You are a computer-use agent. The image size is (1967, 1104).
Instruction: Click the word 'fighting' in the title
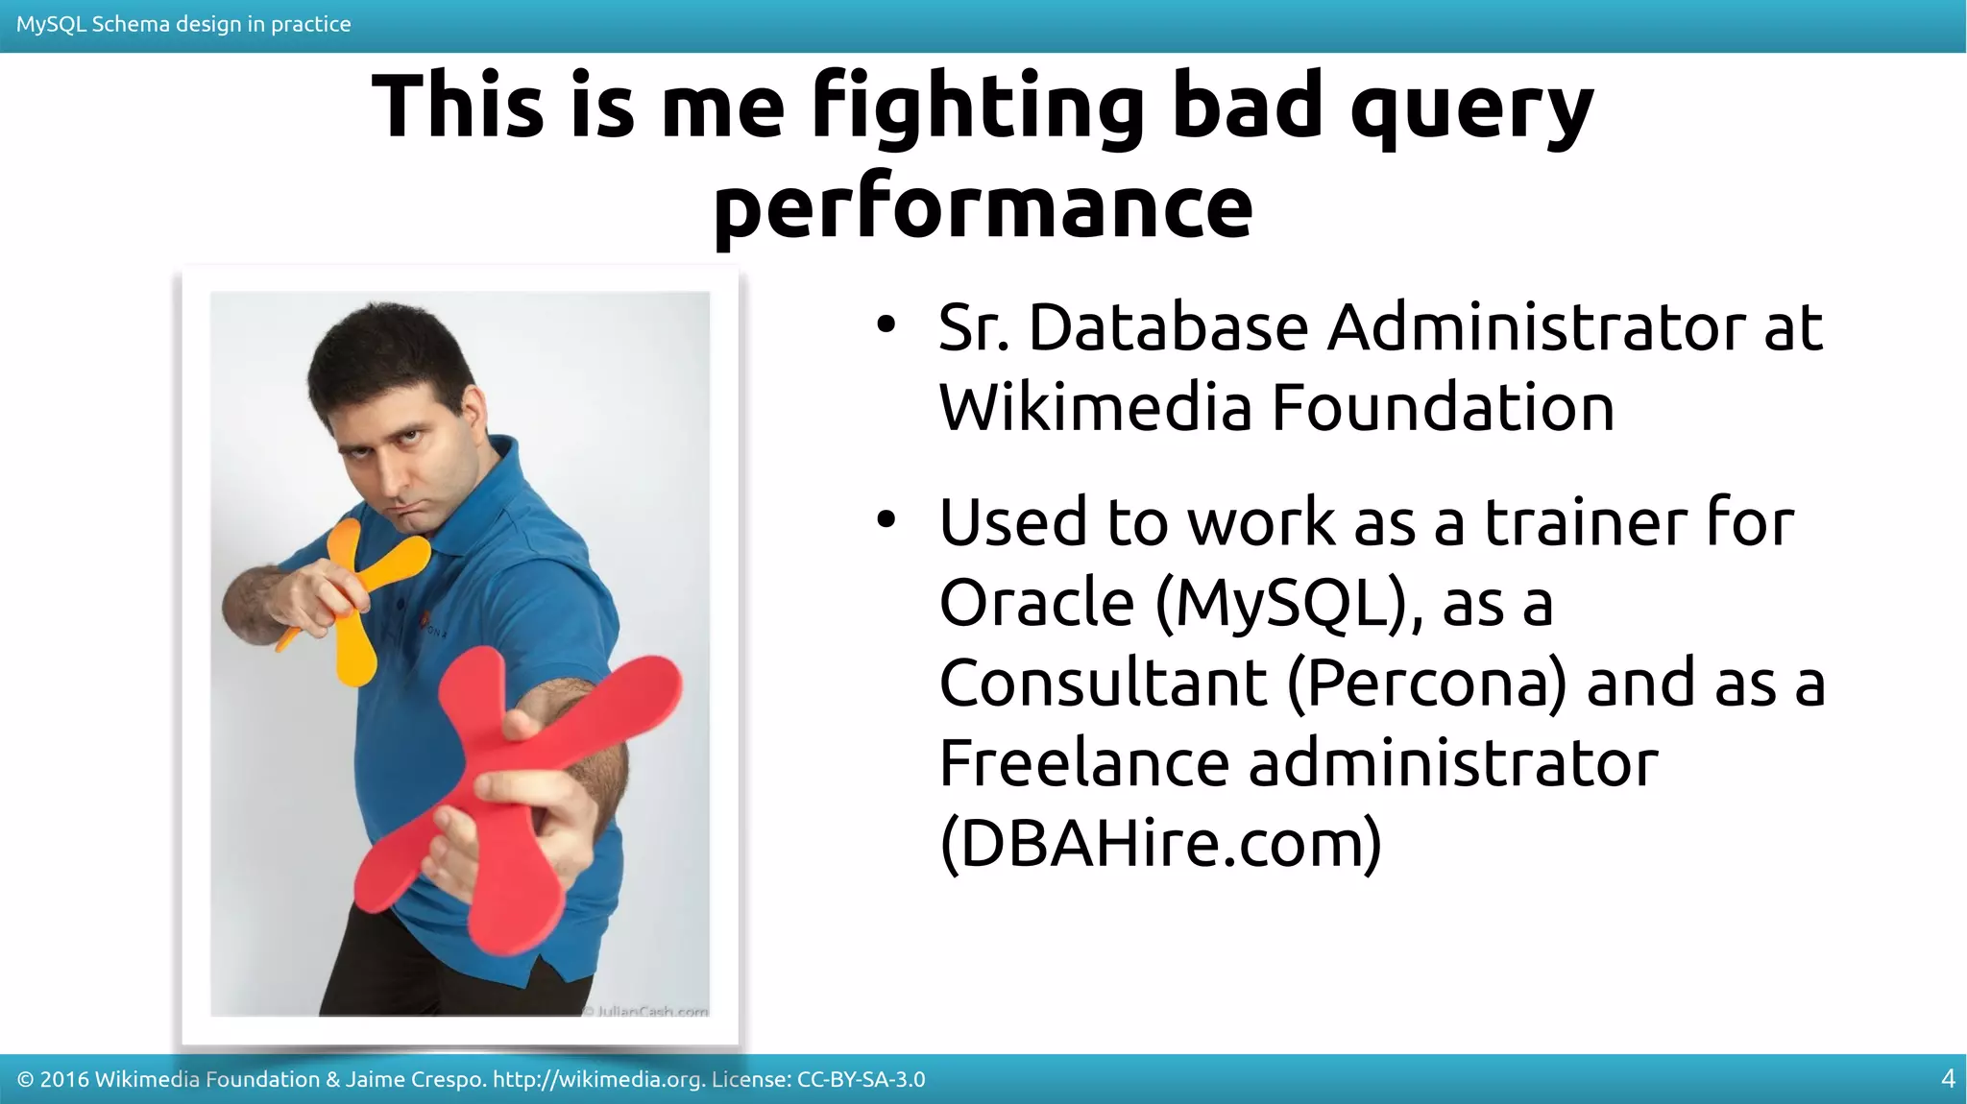[977, 108]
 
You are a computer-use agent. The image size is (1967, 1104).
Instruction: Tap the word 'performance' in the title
[983, 206]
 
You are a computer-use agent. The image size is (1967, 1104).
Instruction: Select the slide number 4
[1948, 1079]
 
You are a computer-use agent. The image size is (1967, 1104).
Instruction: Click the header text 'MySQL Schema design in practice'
[183, 24]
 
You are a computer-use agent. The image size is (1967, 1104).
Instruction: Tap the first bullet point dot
[886, 326]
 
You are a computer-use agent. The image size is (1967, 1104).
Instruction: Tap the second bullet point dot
[886, 521]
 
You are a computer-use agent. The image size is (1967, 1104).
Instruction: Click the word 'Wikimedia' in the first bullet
[1094, 408]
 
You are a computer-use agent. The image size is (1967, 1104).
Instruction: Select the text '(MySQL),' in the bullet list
[1288, 604]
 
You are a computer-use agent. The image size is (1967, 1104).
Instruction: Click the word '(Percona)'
[1426, 684]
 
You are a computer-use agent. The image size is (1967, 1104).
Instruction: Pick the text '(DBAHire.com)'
[1160, 844]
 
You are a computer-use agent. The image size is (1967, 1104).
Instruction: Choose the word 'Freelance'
[1083, 764]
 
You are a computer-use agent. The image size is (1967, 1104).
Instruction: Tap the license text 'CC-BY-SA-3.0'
[861, 1080]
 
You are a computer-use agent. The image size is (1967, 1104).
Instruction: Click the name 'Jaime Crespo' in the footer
[414, 1080]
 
